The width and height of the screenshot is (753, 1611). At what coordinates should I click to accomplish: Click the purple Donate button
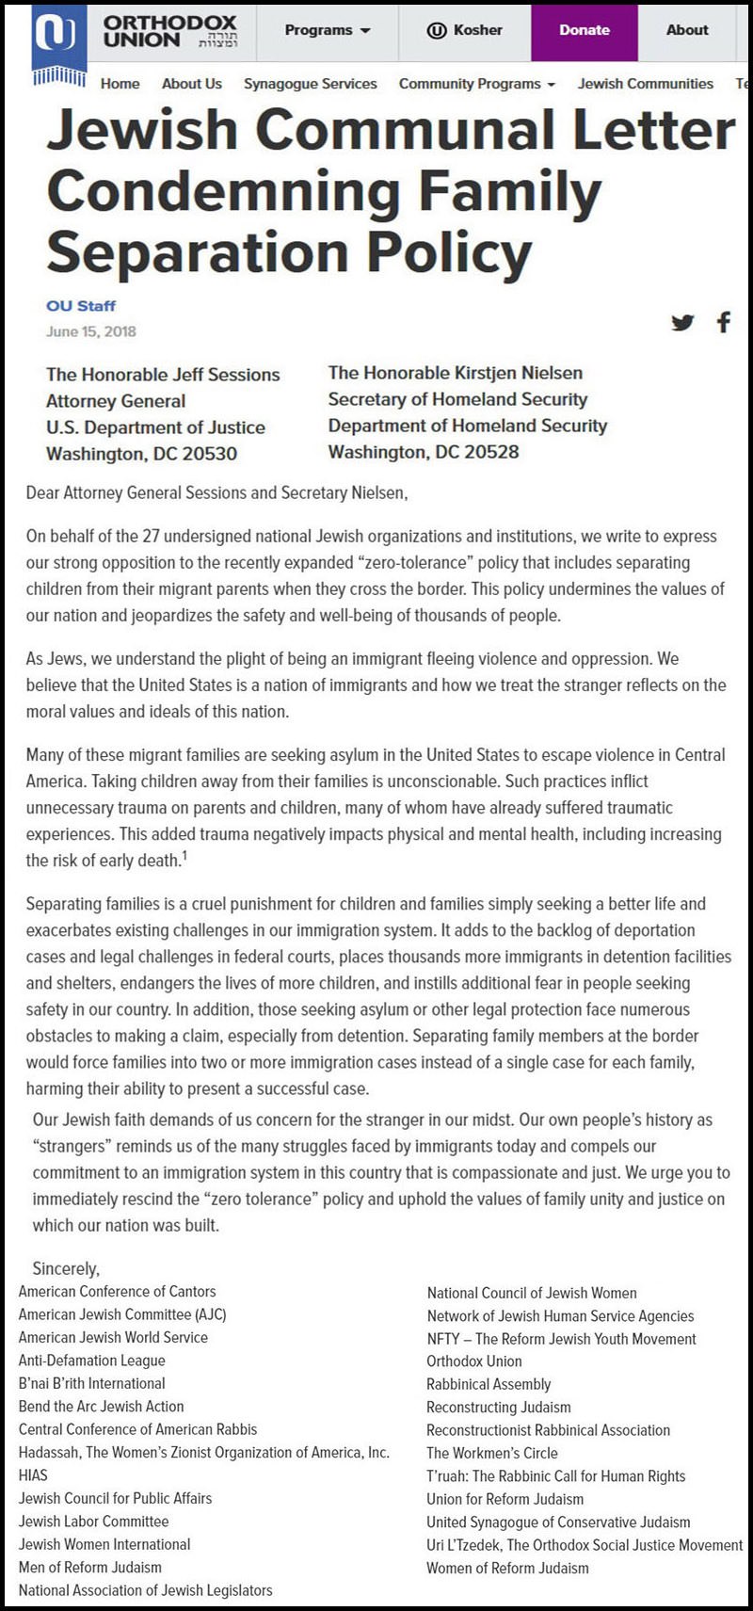(584, 30)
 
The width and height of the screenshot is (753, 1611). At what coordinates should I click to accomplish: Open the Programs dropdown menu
(328, 30)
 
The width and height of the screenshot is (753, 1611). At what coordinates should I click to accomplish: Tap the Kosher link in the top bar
(465, 30)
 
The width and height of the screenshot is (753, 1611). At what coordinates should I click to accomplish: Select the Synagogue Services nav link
(310, 84)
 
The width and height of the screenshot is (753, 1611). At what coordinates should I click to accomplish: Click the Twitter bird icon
(682, 323)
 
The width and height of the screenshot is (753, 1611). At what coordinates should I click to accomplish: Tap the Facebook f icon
(723, 323)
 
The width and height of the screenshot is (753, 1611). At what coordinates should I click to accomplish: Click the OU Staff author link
(81, 306)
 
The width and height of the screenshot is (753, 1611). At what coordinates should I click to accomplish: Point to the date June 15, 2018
(91, 331)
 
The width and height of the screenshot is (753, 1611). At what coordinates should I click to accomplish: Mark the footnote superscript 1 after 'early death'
(184, 855)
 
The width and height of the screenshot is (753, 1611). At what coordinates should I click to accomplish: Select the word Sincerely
(66, 1269)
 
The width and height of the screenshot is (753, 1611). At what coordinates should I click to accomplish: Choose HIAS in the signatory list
(33, 1475)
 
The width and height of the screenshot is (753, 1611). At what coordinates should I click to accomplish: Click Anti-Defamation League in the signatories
(92, 1361)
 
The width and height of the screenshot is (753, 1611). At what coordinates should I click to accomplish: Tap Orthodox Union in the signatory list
(473, 1361)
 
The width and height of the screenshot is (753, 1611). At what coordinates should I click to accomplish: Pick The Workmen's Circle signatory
(491, 1453)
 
